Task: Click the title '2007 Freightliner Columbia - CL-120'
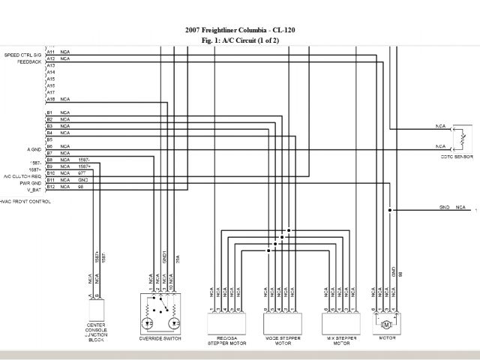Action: pos(239,31)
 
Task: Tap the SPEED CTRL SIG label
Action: pos(22,55)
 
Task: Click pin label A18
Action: pos(51,99)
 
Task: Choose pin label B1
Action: pos(50,112)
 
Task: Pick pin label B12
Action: pos(51,187)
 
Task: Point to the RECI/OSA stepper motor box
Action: pos(225,323)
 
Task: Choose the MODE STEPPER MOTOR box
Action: pos(283,323)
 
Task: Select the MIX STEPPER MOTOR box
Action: pos(342,323)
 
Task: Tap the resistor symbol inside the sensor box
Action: pos(463,137)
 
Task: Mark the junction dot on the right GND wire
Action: pos(389,210)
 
